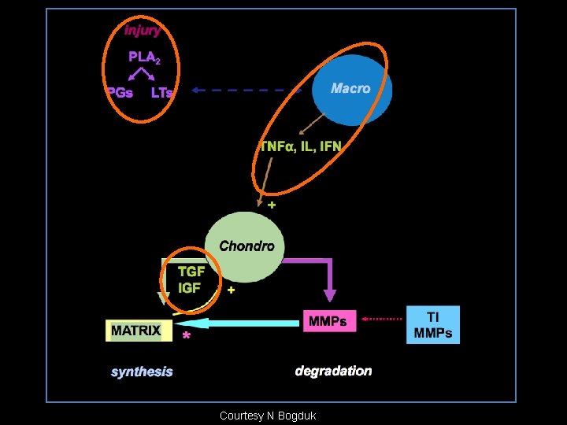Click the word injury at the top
tap(143, 31)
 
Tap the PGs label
tap(120, 92)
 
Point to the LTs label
tap(161, 92)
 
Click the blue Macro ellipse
tap(350, 93)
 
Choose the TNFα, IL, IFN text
tap(302, 146)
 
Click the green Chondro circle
tap(244, 246)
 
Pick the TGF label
tap(191, 272)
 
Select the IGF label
tap(190, 288)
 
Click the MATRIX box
tap(136, 331)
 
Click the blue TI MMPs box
tap(433, 325)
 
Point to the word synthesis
tap(142, 371)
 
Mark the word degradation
tap(333, 371)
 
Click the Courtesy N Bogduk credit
tap(268, 416)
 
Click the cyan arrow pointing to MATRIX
tap(236, 323)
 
